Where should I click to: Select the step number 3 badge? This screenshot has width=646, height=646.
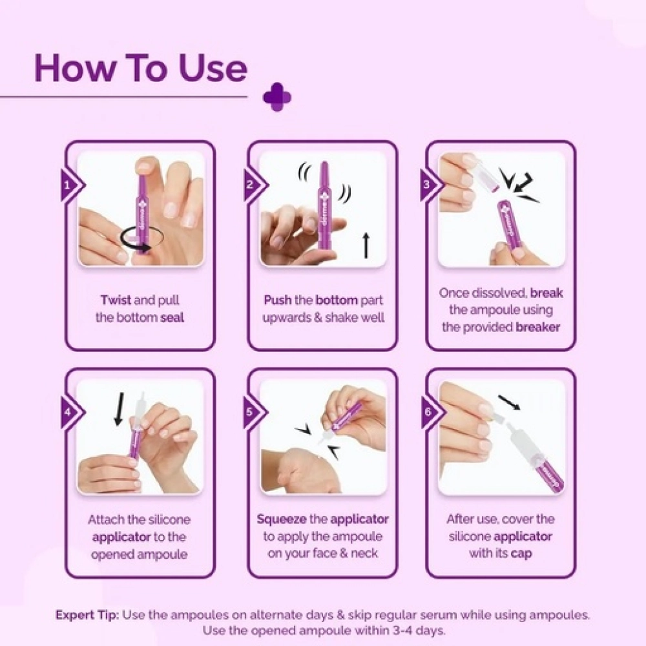430,185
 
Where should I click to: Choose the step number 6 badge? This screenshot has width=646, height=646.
430,412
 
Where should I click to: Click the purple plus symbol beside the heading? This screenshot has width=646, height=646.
277,98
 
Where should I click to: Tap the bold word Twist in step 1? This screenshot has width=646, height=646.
116,300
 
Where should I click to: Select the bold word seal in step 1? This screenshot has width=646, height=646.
172,318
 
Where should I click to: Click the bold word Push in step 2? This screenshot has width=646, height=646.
278,300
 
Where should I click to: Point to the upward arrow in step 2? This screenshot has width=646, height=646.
366,245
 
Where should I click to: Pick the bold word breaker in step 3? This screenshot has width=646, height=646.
537,327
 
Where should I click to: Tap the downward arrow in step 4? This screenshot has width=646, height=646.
120,408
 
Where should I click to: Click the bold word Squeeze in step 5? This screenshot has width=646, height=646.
282,519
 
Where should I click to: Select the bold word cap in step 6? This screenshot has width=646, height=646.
521,554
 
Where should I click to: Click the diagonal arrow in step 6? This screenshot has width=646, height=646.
509,402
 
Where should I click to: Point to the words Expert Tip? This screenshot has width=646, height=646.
87,616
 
